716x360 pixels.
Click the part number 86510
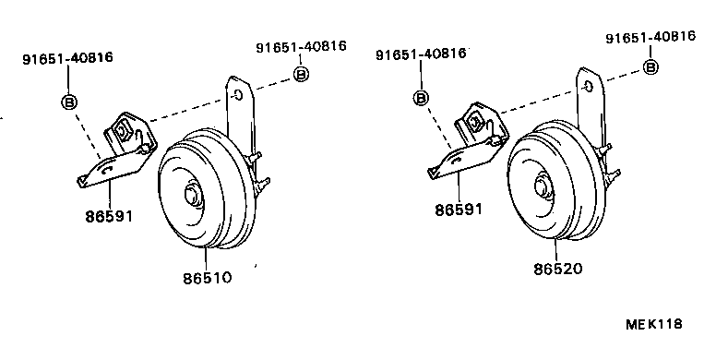[x=208, y=278]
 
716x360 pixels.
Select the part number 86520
[x=558, y=269]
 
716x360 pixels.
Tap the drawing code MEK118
[x=654, y=324]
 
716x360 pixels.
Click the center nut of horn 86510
[x=191, y=195]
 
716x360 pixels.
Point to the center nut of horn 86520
[x=542, y=186]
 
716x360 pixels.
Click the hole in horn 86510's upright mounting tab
[x=238, y=94]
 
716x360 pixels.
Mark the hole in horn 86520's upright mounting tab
[x=588, y=87]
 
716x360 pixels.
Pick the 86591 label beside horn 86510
[x=109, y=216]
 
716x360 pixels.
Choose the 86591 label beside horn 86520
[x=459, y=210]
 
